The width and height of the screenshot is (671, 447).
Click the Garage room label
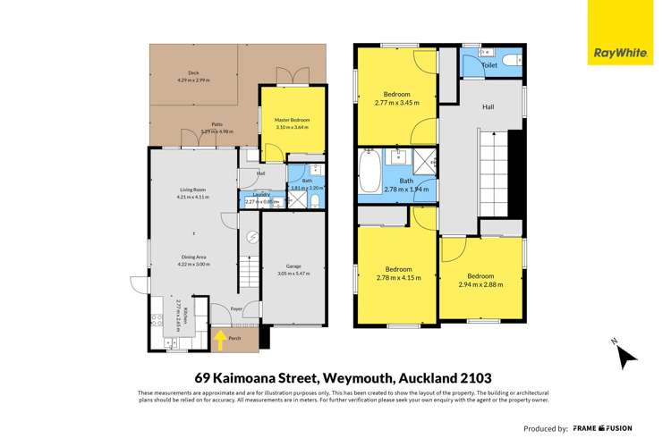point(293,266)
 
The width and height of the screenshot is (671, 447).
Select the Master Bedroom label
point(285,120)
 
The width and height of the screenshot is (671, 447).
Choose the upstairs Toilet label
point(489,65)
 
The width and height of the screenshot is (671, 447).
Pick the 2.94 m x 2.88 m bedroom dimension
point(480,285)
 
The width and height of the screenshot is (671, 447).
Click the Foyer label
point(237,308)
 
